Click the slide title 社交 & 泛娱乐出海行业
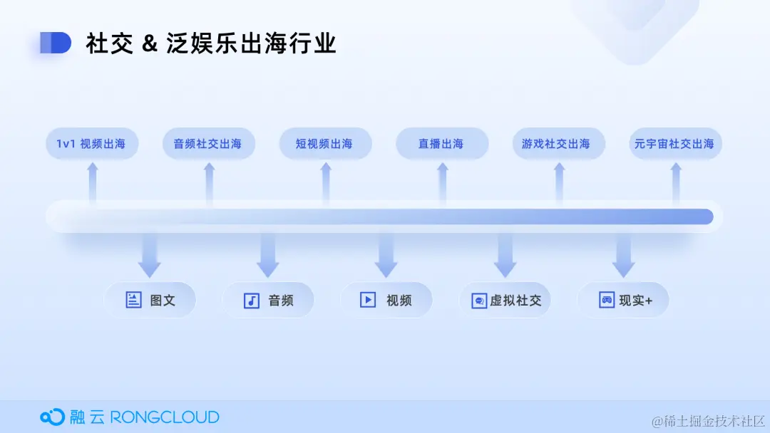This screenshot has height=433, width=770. point(211,43)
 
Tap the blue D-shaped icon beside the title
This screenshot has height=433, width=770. point(56,43)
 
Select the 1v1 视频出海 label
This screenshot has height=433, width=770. point(91,144)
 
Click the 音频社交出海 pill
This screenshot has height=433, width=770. point(207,144)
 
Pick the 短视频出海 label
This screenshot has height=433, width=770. point(324,144)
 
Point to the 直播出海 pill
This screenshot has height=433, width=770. point(441,144)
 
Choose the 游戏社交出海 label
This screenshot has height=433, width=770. point(558,144)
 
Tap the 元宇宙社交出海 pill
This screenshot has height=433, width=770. point(674,144)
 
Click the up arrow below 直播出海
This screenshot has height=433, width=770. point(442,182)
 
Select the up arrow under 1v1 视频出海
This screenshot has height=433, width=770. point(92,182)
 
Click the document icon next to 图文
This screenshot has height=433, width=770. point(133,300)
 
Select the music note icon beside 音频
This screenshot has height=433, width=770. point(252,300)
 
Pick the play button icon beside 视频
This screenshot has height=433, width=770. point(368,300)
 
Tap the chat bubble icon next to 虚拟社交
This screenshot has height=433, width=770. point(479,301)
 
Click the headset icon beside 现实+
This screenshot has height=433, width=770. point(607,300)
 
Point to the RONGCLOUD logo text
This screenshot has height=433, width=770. point(165,417)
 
